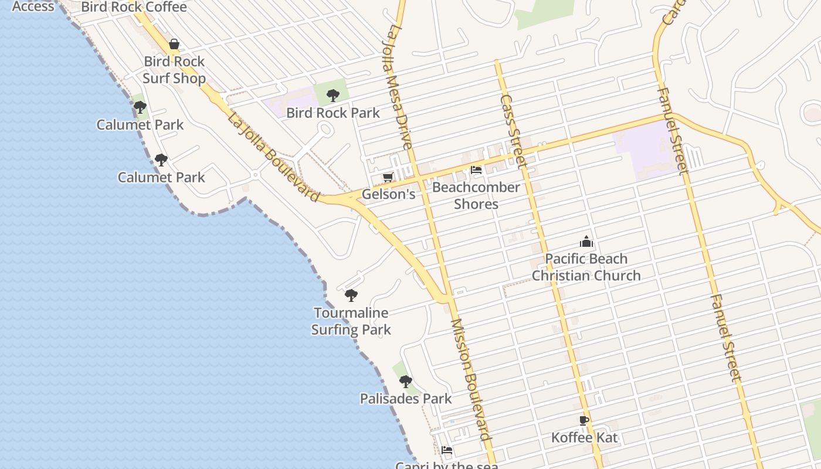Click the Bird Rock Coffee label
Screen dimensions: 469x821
tap(134, 7)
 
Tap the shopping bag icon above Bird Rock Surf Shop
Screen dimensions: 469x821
tap(174, 44)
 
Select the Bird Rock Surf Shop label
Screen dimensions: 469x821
tap(174, 70)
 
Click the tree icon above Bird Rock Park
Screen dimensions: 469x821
tap(333, 95)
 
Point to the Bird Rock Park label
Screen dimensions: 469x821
tap(333, 113)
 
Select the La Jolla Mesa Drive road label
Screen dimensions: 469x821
tap(398, 86)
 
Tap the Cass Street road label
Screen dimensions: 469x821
tap(511, 131)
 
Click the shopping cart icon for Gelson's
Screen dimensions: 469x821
tap(388, 177)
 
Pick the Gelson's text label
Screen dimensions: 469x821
tap(388, 194)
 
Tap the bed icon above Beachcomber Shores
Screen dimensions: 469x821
tap(476, 171)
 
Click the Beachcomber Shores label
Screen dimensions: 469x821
tap(476, 196)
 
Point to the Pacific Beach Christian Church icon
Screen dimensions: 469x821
tap(586, 242)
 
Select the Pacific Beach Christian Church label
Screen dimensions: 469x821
tap(586, 267)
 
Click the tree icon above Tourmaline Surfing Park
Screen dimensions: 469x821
tap(351, 295)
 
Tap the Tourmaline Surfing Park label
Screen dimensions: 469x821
tap(351, 321)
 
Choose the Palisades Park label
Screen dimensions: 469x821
tap(406, 399)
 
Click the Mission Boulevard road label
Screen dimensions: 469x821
tap(470, 379)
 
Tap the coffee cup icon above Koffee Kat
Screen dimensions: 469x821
tap(584, 420)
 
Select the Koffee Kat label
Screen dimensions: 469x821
tap(585, 437)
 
